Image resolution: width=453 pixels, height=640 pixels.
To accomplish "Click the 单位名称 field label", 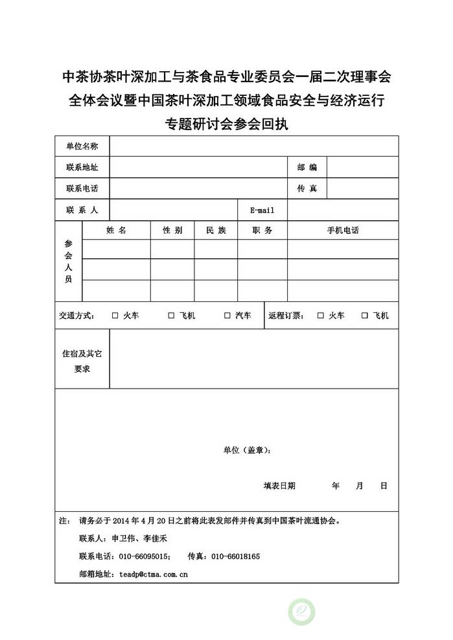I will coord(82,146).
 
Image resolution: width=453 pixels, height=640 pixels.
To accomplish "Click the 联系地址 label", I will coord(82,167).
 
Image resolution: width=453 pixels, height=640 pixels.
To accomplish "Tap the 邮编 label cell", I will coord(307,167).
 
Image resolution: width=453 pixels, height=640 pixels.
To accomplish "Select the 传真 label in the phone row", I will coord(307,189).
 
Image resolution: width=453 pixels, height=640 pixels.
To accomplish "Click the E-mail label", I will coord(262,210).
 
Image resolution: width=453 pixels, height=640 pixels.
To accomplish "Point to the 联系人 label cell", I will coord(82,210).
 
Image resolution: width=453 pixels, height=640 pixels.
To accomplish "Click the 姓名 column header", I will coord(116,230).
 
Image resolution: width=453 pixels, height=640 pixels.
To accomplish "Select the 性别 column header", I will coord(172,230).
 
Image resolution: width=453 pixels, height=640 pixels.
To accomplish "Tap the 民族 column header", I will coord(216,230).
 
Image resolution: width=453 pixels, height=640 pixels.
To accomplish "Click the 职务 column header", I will coord(262,230).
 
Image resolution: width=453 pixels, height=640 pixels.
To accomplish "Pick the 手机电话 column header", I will coord(343,230).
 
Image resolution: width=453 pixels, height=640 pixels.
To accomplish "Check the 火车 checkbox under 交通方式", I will coord(115,315).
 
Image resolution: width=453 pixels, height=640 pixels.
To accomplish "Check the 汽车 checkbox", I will coord(227,315).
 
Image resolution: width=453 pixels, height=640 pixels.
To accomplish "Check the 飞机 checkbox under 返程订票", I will coord(365,315).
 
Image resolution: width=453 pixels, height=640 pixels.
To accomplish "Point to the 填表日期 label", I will coord(279,485).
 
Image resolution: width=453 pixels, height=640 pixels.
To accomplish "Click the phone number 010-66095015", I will coord(144,556).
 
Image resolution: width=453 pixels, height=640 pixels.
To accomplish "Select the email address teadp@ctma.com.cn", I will coord(154,574).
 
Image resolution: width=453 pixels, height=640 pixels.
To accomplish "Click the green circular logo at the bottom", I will coord(301,611).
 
